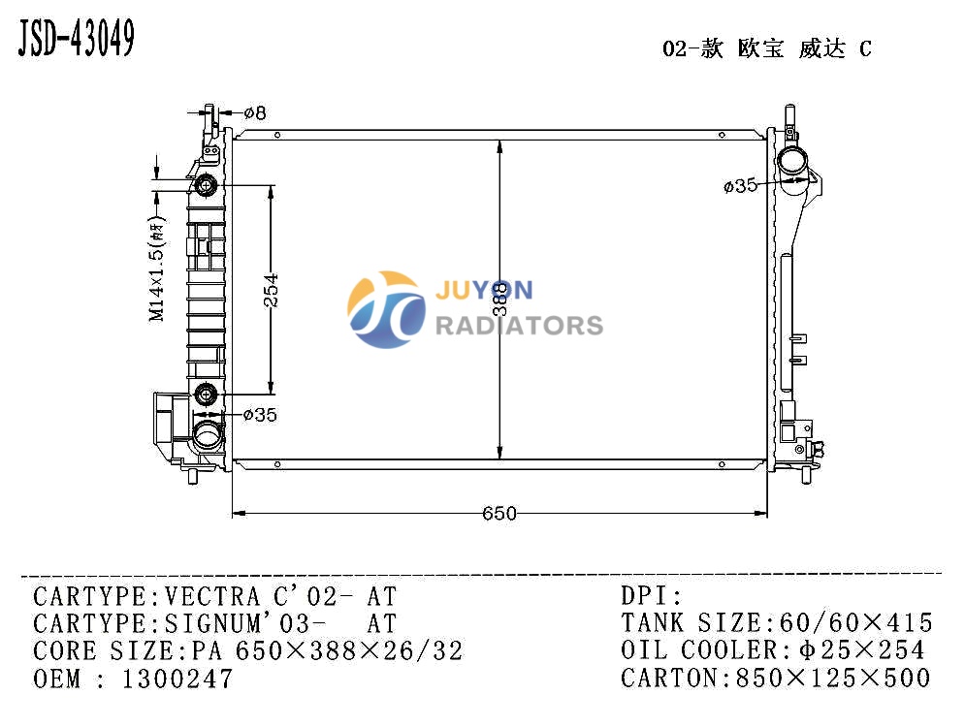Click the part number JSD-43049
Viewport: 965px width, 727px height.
pos(76,38)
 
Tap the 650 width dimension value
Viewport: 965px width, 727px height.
pos(499,513)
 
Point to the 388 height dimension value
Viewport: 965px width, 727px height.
pos(501,299)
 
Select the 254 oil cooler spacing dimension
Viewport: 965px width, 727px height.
pos(271,290)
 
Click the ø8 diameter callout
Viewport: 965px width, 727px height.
pos(255,113)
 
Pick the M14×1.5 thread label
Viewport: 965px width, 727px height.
pos(158,269)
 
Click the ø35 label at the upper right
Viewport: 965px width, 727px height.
pos(740,185)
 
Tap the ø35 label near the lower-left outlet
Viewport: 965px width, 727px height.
pos(260,415)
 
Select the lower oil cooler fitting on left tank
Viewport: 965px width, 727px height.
pos(206,394)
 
